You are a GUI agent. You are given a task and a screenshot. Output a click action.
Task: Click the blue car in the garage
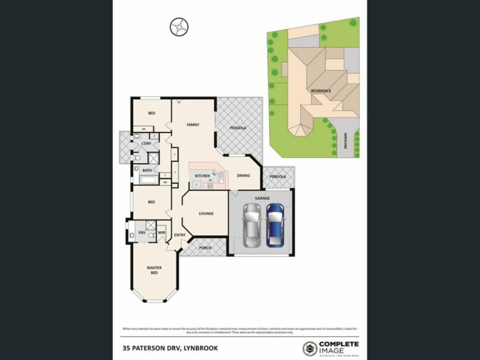275,224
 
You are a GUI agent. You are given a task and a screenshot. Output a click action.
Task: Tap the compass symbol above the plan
178,26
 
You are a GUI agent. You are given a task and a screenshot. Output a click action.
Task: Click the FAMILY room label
193,125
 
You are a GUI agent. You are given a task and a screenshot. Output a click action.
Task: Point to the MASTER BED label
154,270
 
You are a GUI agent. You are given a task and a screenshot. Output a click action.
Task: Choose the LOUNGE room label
206,214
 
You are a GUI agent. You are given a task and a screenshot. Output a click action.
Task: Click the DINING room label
243,176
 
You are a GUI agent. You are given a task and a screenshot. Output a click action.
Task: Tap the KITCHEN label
202,176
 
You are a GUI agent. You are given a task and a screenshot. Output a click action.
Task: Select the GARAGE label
262,197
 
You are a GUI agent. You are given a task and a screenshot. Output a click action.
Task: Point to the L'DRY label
146,144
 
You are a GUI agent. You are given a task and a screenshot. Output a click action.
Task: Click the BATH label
147,170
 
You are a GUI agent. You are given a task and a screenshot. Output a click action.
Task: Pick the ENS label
142,232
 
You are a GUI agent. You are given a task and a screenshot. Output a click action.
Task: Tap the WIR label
161,232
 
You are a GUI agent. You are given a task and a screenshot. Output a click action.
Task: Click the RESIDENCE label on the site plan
321,91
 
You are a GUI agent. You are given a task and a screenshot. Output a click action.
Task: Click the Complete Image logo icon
310,347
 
